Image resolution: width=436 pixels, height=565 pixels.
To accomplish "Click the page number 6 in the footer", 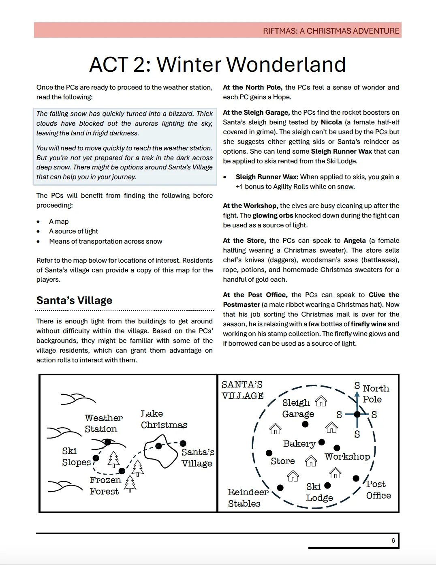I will pyautogui.click(x=393, y=540).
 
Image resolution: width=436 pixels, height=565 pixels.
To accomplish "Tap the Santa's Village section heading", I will pyautogui.click(x=74, y=300).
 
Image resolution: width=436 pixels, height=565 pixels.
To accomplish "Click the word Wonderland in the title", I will pyautogui.click(x=286, y=64).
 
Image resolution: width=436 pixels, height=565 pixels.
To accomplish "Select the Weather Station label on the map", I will pyautogui.click(x=103, y=423).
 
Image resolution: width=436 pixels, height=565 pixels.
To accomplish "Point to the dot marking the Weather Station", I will pyautogui.click(x=108, y=442).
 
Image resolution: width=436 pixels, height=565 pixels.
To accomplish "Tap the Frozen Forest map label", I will pyautogui.click(x=105, y=486).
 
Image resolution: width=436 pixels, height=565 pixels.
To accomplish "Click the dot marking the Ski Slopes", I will pyautogui.click(x=96, y=458).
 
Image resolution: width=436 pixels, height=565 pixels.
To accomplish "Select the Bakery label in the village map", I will pyautogui.click(x=299, y=443).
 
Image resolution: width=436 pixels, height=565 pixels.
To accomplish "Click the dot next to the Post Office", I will pyautogui.click(x=356, y=478).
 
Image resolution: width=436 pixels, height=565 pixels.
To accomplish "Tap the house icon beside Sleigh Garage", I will pyautogui.click(x=321, y=401).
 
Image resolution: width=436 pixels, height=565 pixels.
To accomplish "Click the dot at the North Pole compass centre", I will pyautogui.click(x=357, y=414).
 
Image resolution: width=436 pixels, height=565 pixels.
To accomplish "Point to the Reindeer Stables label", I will pyautogui.click(x=248, y=497).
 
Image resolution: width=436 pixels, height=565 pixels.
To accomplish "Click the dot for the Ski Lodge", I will pyautogui.click(x=327, y=485).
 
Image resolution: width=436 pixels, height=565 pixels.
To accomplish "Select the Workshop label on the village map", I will pyautogui.click(x=347, y=456).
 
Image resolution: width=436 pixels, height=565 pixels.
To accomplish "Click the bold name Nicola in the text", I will pyautogui.click(x=331, y=122).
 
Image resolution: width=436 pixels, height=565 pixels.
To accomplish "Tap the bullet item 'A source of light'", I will pyautogui.click(x=73, y=231).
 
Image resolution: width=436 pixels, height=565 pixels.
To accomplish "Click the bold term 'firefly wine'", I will pyautogui.click(x=368, y=324).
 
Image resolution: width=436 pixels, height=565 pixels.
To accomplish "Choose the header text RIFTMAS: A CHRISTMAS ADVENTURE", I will pyautogui.click(x=331, y=31).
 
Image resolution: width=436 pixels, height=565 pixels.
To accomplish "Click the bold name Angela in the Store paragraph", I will pyautogui.click(x=355, y=240).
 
